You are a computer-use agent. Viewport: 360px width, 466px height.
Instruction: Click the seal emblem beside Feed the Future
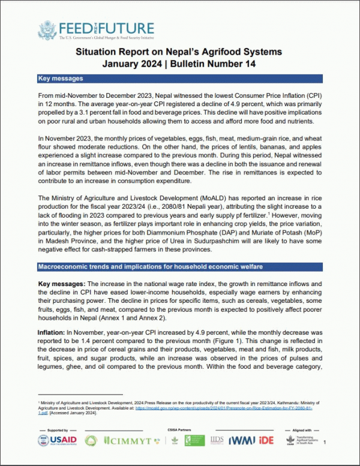tap(47, 31)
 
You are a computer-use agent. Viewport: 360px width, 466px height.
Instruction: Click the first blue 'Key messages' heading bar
tap(180, 79)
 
